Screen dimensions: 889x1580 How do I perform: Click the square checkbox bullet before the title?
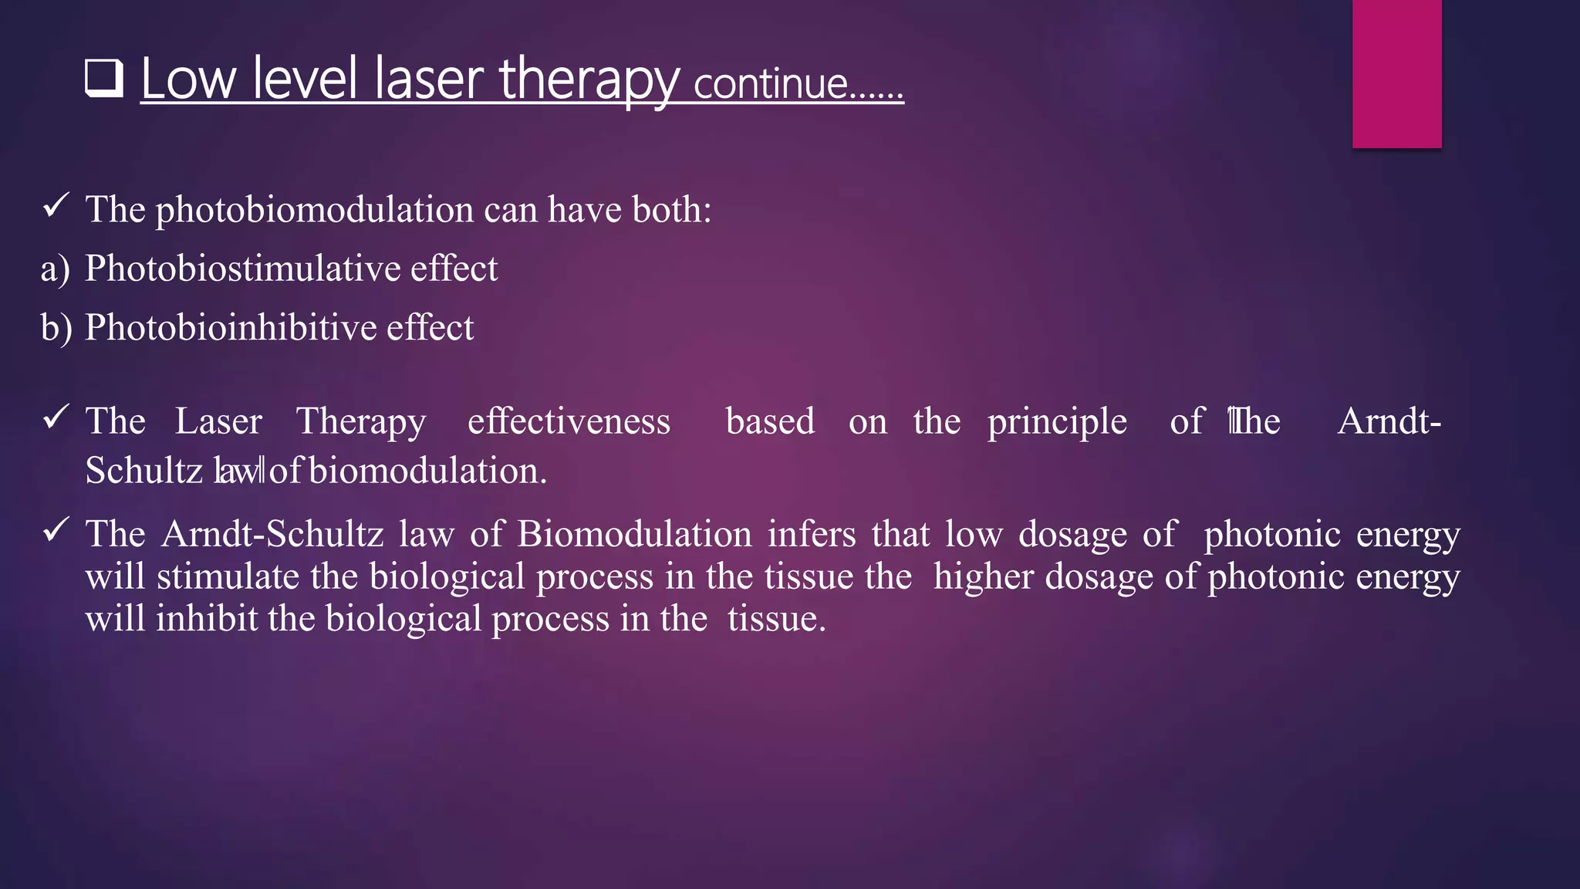pyautogui.click(x=104, y=79)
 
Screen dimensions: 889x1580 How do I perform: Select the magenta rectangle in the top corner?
pyautogui.click(x=1396, y=73)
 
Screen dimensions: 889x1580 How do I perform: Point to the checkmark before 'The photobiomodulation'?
pyautogui.click(x=56, y=206)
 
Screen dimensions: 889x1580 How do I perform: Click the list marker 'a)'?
pyautogui.click(x=56, y=269)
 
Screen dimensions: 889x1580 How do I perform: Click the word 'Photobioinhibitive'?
pyautogui.click(x=230, y=327)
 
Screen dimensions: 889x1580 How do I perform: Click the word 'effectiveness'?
pyautogui.click(x=569, y=421)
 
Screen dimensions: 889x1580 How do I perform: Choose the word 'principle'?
pyautogui.click(x=1057, y=421)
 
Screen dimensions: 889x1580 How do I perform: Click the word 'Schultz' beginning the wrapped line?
pyautogui.click(x=143, y=471)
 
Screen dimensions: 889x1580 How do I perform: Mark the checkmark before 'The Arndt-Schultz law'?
pyautogui.click(x=56, y=530)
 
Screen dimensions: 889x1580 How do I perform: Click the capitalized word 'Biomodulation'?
pyautogui.click(x=634, y=534)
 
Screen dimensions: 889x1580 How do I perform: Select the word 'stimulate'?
pyautogui.click(x=228, y=576)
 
